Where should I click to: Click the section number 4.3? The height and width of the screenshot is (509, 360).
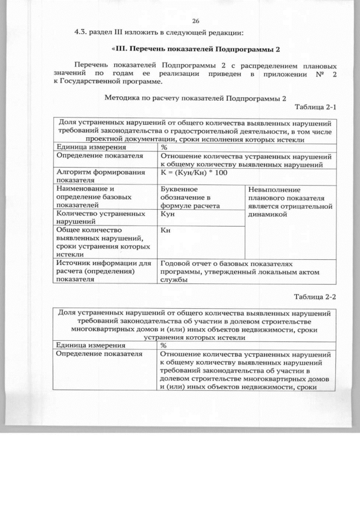pyautogui.click(x=83, y=31)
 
